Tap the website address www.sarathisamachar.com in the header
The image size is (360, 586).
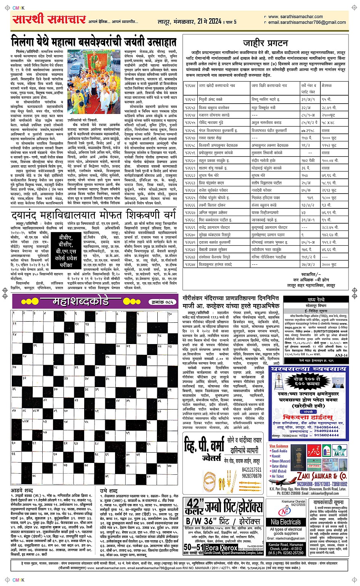coord(295,17)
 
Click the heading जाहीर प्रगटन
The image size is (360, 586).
coord(265,43)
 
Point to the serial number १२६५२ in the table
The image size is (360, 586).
coord(190,99)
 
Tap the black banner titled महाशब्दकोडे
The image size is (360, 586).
coord(82,302)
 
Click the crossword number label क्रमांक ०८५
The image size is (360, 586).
coord(162,302)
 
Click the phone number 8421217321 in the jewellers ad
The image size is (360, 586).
coord(251,470)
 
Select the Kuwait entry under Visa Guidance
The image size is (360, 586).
coord(276,456)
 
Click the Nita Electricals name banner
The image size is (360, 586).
coord(286,522)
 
